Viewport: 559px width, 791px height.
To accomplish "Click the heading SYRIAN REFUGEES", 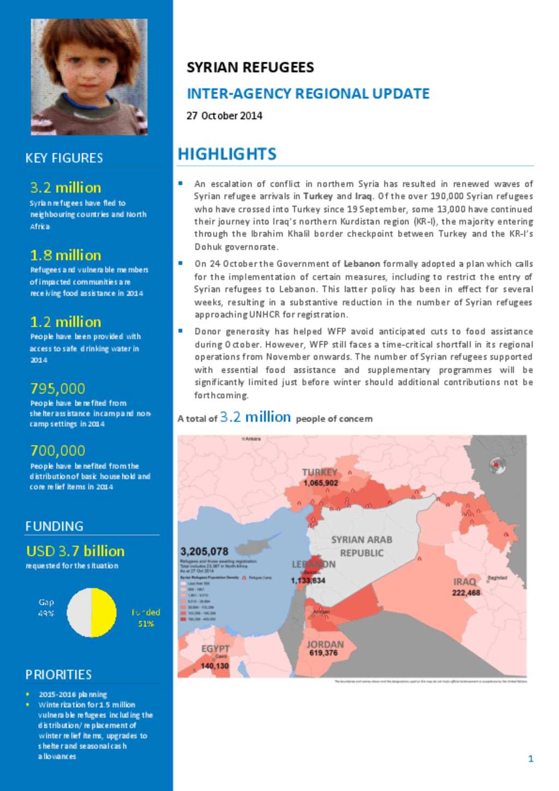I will tap(250, 68).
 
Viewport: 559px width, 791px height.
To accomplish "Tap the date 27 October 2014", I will tap(224, 116).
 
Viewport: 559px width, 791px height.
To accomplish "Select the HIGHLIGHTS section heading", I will tap(227, 154).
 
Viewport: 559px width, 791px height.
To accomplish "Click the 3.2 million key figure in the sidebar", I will tap(66, 188).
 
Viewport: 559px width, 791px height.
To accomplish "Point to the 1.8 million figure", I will tap(66, 255).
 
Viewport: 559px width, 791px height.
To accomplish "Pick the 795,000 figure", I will tap(58, 389).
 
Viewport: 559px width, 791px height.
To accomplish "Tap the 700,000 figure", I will tap(58, 451).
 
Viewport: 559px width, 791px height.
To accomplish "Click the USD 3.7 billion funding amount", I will tap(75, 551).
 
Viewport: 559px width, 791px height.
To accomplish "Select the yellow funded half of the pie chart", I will tap(104, 612).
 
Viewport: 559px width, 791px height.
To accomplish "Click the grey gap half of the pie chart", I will tap(79, 612).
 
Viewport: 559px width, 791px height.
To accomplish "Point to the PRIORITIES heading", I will tap(58, 675).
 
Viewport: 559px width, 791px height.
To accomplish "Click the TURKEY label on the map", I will tap(319, 472).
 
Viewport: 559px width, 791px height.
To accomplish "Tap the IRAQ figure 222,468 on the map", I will tap(466, 593).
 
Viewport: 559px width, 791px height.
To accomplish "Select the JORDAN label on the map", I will tap(325, 645).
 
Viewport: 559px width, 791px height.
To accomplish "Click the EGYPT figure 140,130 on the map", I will tap(215, 666).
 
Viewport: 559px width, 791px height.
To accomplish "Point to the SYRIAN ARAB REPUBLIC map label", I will tap(361, 546).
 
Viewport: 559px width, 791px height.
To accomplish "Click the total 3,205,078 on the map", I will tap(204, 552).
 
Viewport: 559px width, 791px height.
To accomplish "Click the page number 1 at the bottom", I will tap(531, 758).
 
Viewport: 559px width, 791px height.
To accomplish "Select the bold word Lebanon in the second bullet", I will tap(361, 264).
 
